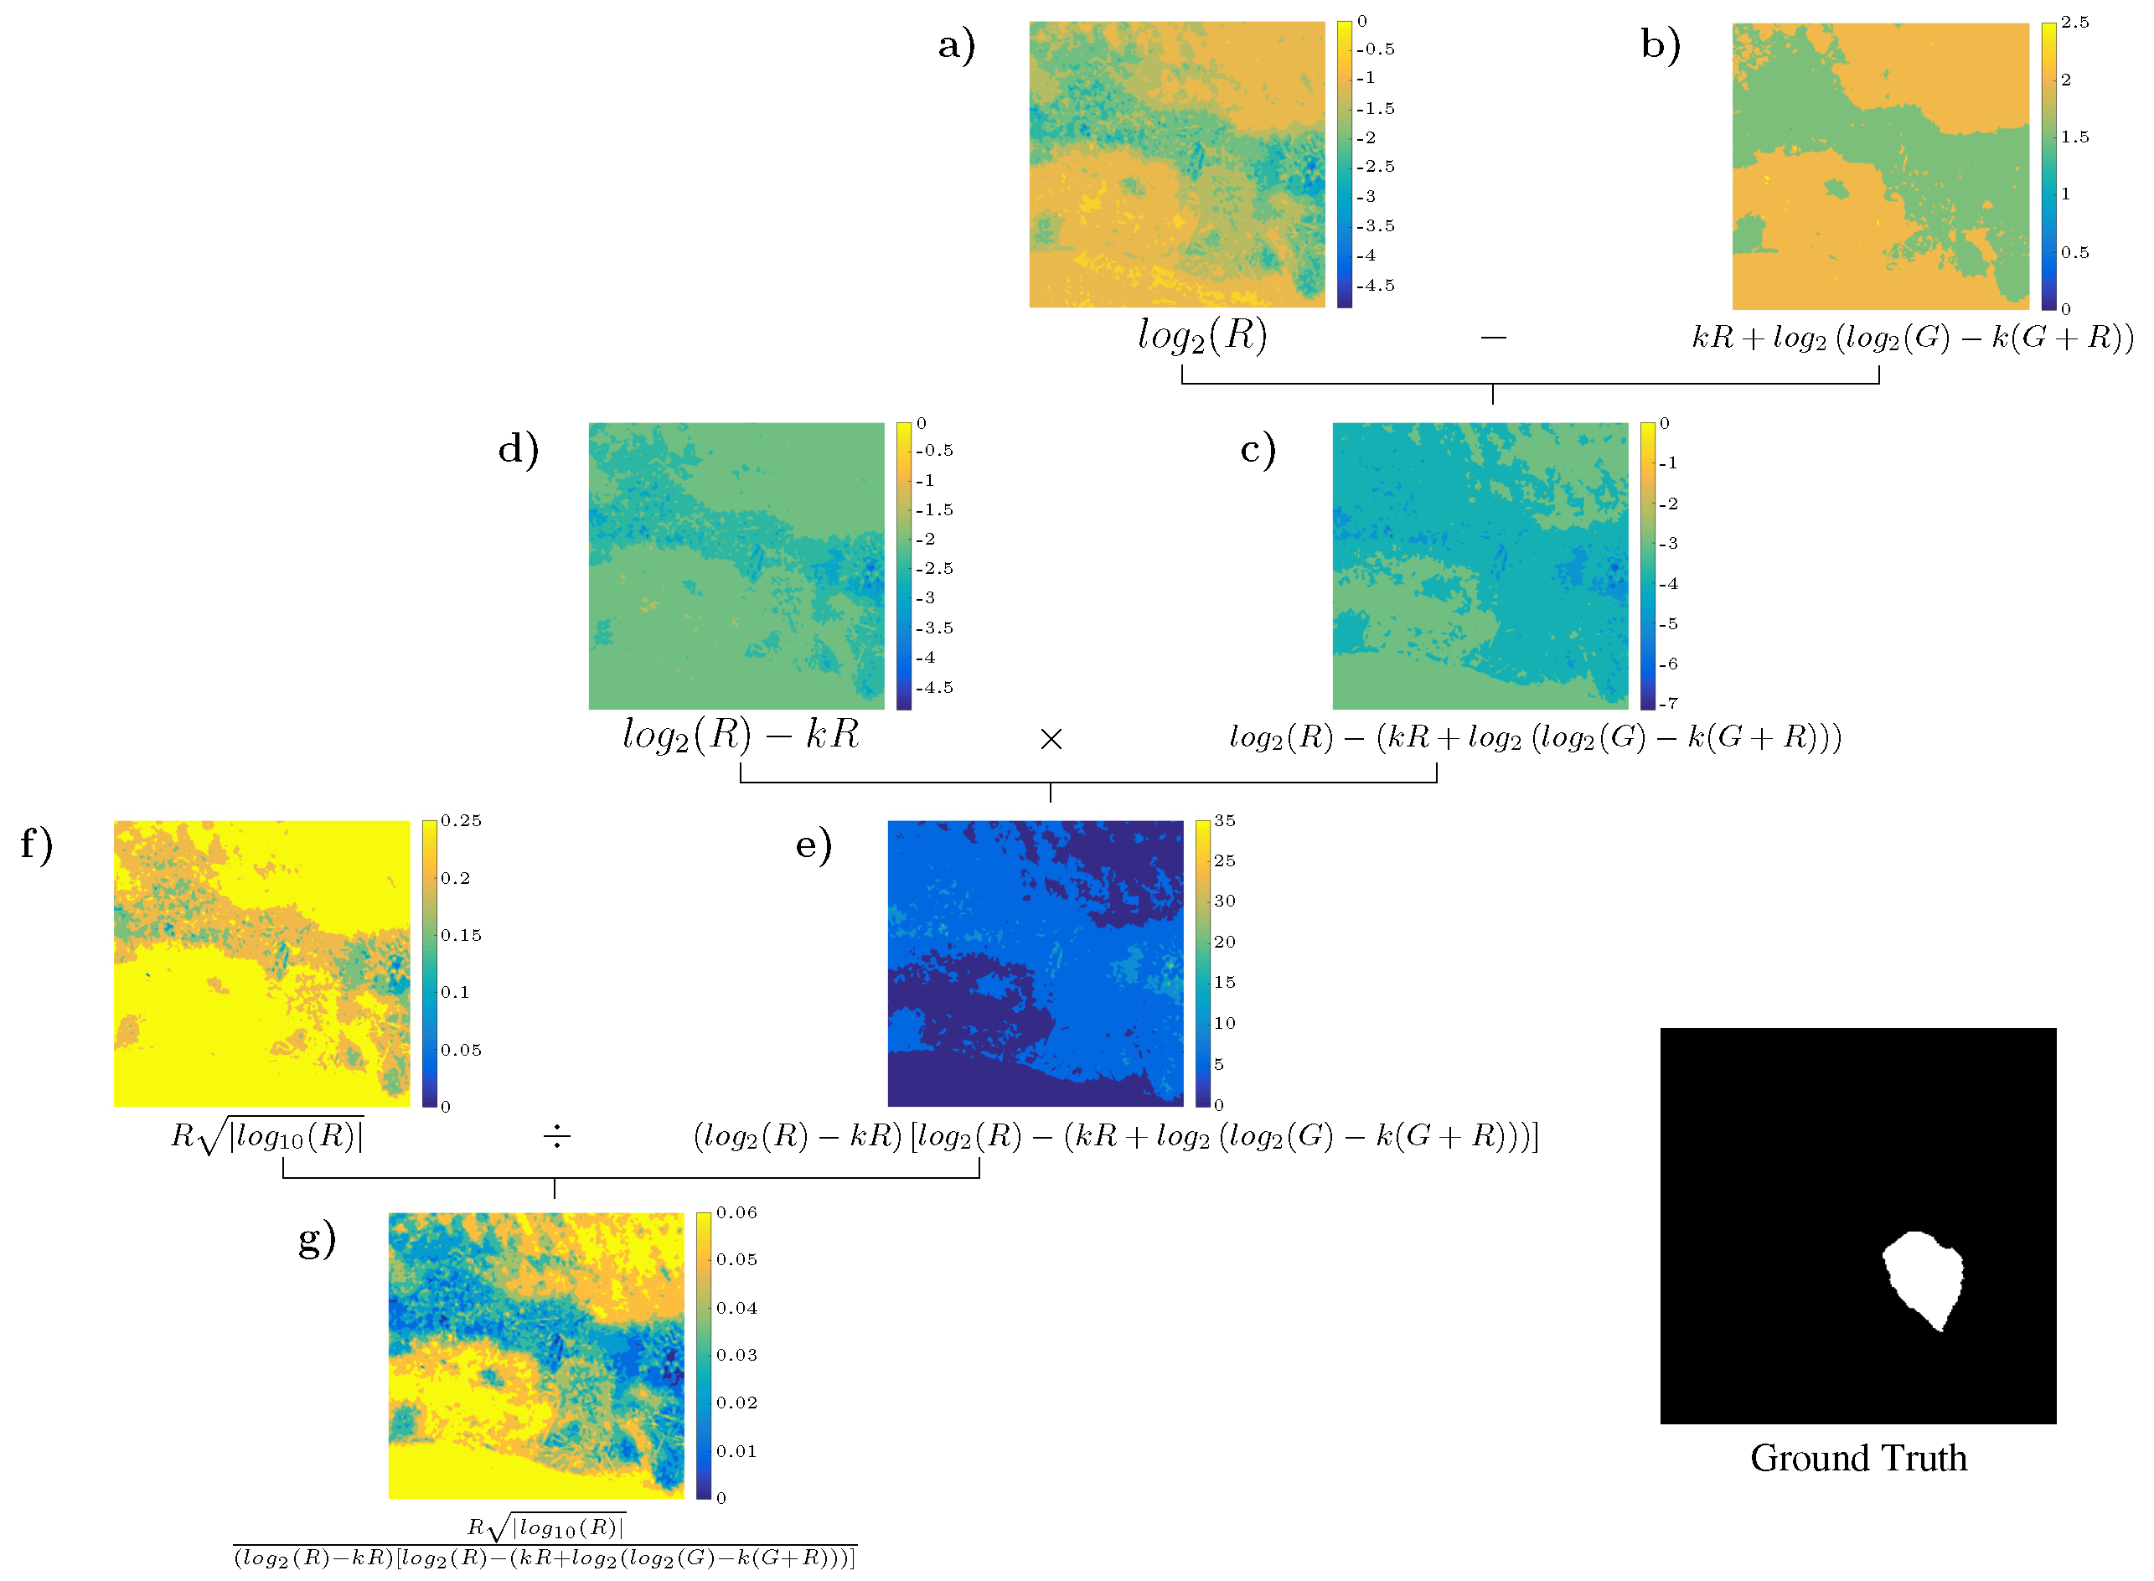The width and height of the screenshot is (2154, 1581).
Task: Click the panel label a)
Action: [956, 45]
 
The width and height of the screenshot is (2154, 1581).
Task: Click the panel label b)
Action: [1661, 45]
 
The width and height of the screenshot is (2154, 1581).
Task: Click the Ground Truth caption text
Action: [1858, 1459]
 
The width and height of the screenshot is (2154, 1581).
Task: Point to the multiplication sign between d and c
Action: [1051, 739]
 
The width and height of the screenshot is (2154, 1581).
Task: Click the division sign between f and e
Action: [556, 1137]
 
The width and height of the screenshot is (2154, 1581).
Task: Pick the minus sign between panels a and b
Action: [1493, 337]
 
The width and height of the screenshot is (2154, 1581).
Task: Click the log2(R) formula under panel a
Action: [1202, 336]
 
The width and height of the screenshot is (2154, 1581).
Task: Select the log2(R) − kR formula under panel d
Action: [741, 735]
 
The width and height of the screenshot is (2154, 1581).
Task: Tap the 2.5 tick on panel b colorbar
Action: [2074, 22]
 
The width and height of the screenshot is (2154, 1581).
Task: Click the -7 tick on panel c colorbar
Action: [1668, 704]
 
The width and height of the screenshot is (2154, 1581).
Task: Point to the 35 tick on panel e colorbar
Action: [1225, 821]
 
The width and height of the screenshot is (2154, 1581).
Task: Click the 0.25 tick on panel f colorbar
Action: [462, 821]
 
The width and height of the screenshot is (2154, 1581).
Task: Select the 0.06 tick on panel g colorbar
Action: [736, 1213]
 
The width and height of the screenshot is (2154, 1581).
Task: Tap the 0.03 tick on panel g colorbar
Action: [736, 1355]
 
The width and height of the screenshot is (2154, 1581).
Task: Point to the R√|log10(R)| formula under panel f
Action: [267, 1136]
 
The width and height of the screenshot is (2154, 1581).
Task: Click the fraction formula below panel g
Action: [545, 1542]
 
